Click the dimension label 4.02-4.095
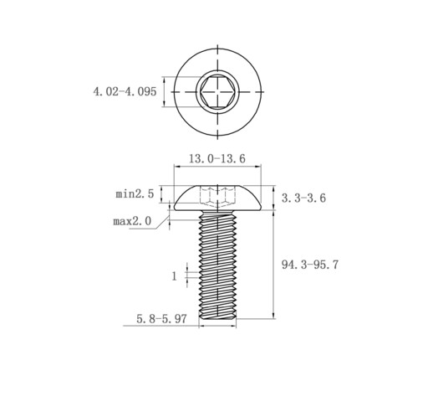point(125,91)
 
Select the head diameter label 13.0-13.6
point(217,158)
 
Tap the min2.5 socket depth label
point(135,193)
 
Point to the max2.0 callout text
point(132,221)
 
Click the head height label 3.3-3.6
point(303,198)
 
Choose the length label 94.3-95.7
point(310,265)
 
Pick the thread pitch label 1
point(174,276)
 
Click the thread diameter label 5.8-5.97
point(161,318)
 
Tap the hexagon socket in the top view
point(217,91)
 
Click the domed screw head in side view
point(217,198)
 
